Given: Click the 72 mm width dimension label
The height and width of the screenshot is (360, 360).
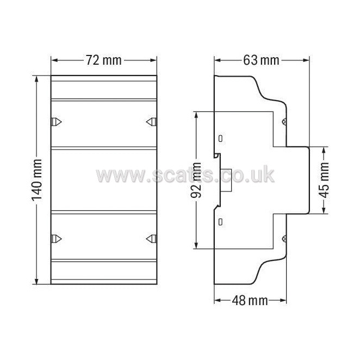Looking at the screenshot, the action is (104, 60).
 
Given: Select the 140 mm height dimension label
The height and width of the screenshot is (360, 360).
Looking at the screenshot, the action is (37, 180).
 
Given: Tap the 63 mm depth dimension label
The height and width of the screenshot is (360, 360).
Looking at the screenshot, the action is (261, 60).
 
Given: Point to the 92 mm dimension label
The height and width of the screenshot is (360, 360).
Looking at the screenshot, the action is (196, 180).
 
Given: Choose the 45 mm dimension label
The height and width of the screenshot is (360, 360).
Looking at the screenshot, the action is (324, 180).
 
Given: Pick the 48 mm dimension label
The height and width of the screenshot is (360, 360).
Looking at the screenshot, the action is (250, 300).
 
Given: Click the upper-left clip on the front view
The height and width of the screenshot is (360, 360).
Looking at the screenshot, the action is (56, 122).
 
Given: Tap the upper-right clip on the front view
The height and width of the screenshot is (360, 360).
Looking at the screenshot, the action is (152, 122).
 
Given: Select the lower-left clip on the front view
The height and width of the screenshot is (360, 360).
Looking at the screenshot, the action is (56, 239).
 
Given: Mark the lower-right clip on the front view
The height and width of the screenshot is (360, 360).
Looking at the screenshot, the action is (152, 239).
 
